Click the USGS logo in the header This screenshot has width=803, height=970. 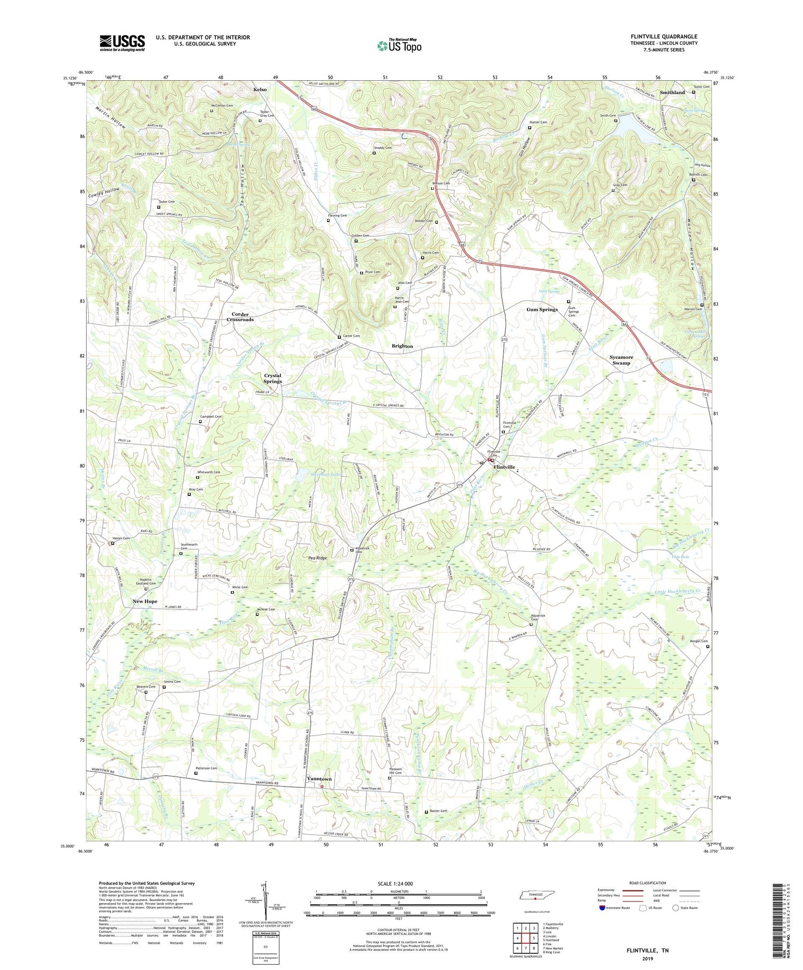(122, 43)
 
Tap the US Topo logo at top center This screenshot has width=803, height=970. (399, 45)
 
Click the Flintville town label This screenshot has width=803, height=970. (504, 467)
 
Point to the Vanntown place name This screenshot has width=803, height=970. (319, 778)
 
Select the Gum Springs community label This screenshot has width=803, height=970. (542, 309)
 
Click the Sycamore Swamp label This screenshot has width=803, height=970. (621, 360)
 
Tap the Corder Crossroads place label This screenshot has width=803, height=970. (240, 317)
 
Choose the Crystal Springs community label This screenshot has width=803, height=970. (272, 378)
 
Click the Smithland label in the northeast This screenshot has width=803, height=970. (672, 93)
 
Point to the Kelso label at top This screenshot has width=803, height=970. (260, 89)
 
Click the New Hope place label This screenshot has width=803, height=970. (145, 601)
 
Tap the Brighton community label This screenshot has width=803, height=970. (402, 346)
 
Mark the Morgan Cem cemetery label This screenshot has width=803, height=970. (698, 641)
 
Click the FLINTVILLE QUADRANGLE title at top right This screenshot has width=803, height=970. (664, 36)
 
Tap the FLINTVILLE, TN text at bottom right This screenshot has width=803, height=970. (647, 951)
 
